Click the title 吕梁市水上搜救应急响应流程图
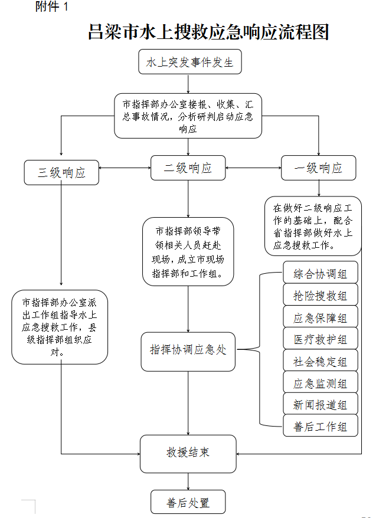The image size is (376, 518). coord(208,32)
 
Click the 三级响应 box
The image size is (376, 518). coord(61,172)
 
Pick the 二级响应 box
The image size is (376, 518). coord(188,168)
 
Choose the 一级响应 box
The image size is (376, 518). coord(319,168)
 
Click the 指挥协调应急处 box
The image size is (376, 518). coord(188,350)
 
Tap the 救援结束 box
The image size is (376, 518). coord(188,453)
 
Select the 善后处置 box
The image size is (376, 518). coord(188,503)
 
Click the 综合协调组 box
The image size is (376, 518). coord(320,274)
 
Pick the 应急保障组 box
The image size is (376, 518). coord(320,318)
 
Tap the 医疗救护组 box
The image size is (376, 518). coord(320,340)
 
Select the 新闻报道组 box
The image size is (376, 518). coord(320,405)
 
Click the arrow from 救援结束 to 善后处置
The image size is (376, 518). coord(188,481)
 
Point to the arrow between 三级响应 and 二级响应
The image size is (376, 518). coord(125,168)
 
